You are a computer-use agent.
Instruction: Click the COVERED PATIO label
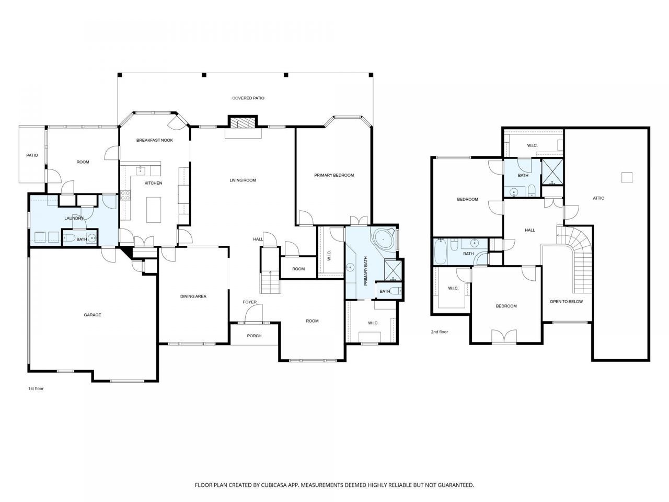[x=248, y=98]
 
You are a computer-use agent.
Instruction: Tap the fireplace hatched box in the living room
[x=243, y=123]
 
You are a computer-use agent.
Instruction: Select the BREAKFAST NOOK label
[x=155, y=140]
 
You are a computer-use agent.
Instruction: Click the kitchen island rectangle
[x=154, y=210]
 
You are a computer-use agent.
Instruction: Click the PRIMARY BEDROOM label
[x=334, y=175]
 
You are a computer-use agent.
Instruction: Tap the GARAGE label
[x=93, y=315]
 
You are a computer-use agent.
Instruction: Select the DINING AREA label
[x=193, y=296]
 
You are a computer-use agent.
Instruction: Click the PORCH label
[x=254, y=336]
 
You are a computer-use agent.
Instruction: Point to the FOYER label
[x=250, y=302]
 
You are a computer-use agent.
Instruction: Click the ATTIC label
[x=598, y=198]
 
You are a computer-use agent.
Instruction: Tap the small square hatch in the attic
[x=627, y=177]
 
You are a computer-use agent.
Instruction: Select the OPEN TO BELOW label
[x=566, y=301]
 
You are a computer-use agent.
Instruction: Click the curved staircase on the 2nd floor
[x=580, y=253]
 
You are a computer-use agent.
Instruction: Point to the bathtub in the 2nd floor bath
[x=440, y=252]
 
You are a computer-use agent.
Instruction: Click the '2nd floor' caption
[x=440, y=332]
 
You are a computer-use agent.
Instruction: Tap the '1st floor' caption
[x=36, y=389]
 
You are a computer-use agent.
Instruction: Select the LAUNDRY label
[x=74, y=218]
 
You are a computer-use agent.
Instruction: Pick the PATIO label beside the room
[x=32, y=155]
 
